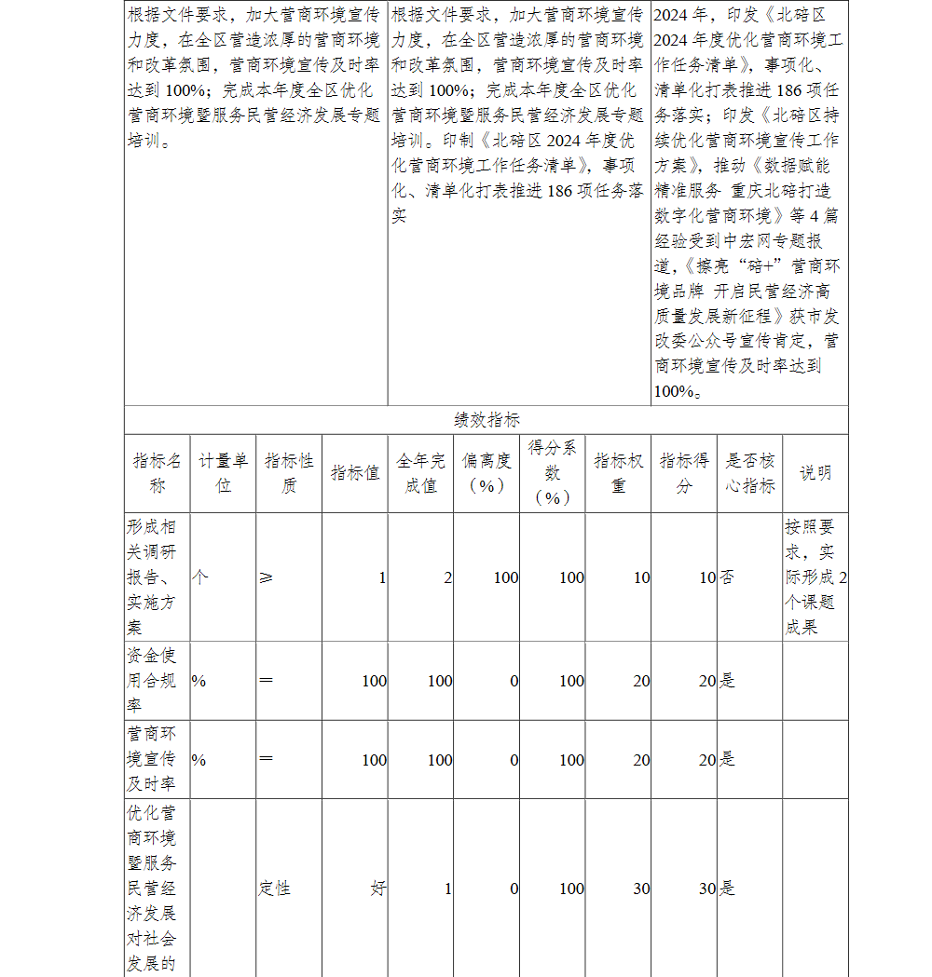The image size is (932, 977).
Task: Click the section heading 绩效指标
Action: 487,420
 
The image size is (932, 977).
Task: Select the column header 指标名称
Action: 157,473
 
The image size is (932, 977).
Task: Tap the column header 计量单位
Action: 223,473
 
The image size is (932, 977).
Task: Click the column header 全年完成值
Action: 420,473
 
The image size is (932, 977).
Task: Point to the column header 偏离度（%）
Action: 487,473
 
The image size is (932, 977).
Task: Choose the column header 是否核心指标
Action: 749,473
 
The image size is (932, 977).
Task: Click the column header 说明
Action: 815,473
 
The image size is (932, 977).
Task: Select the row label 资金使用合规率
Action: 152,681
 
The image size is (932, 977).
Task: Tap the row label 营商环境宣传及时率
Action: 152,759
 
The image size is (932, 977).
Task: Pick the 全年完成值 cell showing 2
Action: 447,578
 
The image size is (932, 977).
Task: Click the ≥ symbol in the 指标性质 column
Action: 267,578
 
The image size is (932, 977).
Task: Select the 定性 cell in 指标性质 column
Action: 275,889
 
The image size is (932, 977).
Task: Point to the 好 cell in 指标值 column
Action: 377,889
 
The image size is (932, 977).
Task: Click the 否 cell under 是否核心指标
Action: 727,578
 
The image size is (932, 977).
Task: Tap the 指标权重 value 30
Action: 641,889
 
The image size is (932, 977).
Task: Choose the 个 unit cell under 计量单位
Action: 199,578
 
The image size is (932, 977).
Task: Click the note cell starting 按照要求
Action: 815,577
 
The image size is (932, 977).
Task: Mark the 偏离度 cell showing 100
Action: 506,578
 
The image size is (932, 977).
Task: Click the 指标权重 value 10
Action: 641,578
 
